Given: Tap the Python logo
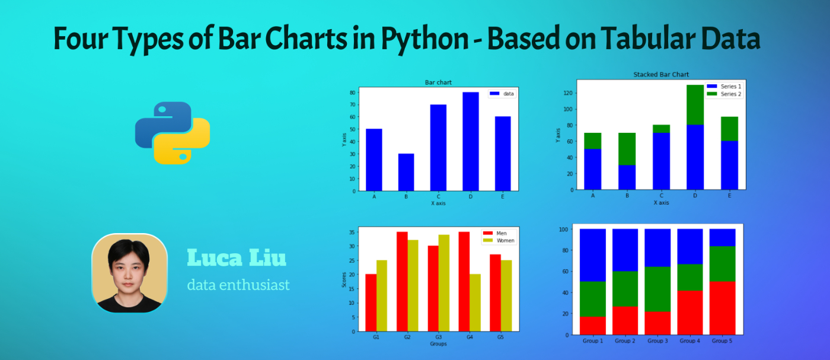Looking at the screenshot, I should coord(173,133).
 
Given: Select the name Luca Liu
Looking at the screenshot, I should coord(237,258).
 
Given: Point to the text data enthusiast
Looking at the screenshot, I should coord(238,285).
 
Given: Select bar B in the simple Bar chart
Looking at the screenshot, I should coord(406,172).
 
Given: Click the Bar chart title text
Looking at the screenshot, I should coord(438,82).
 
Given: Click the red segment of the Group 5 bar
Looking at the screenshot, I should coord(722,308).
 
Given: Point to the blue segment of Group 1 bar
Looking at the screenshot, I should coord(593,255).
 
